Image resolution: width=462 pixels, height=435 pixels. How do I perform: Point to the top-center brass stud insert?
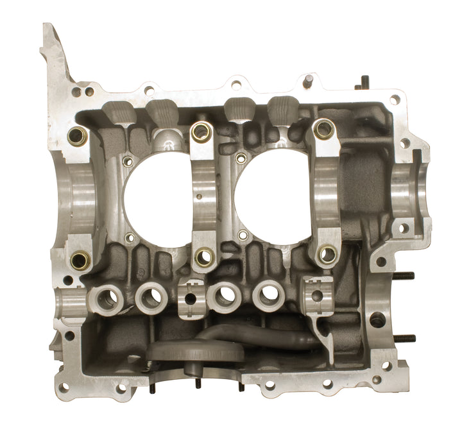point(201,132)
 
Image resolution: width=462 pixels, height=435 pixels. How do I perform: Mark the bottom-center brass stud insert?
point(204,257)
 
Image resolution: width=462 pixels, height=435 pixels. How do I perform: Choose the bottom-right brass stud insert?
point(327,255)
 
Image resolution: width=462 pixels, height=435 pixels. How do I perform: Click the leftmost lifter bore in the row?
point(107,298)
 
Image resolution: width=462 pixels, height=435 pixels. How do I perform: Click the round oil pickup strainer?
point(196,352)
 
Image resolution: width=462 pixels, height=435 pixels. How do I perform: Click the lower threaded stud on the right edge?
point(402,338)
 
